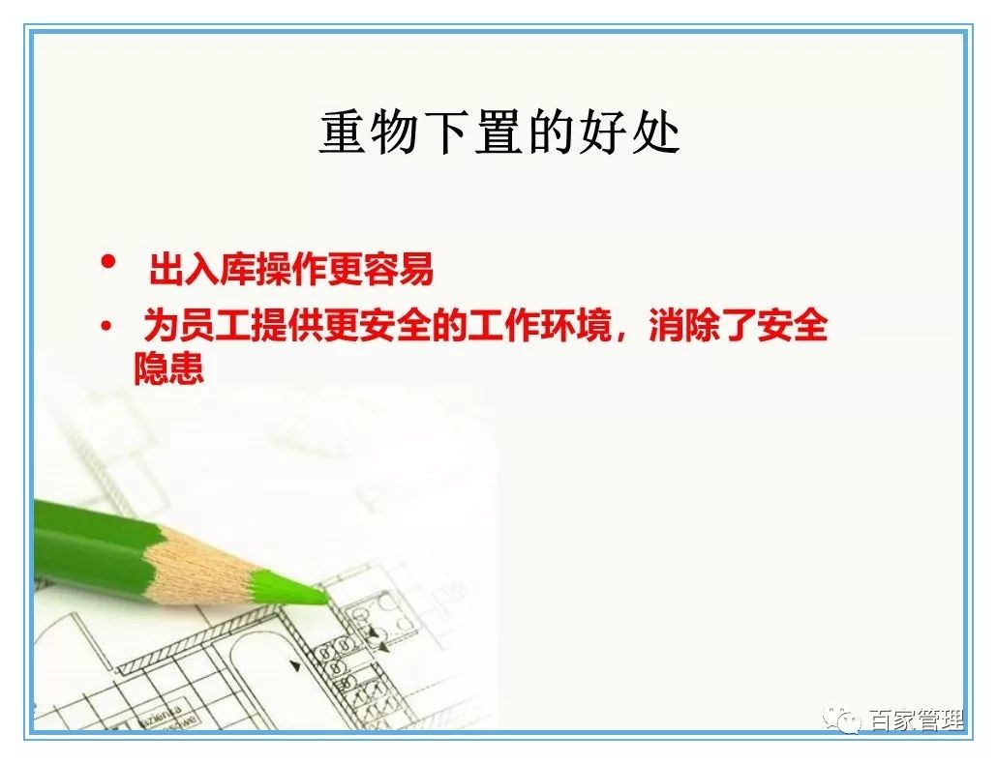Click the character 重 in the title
click(344, 133)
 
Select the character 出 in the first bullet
click(166, 272)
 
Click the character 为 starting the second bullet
click(159, 326)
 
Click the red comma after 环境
click(625, 334)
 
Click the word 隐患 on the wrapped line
click(169, 368)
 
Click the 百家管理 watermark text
click(914, 720)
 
